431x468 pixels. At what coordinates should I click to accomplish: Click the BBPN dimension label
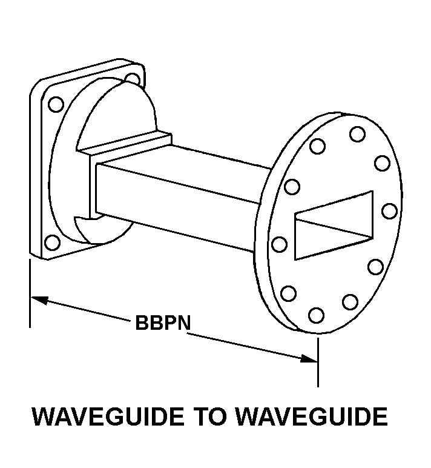[163, 323]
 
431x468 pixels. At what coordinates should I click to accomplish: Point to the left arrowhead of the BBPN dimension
[39, 299]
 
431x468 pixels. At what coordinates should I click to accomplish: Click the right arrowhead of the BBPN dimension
[309, 358]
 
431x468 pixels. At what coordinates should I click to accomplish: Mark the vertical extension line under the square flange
[30, 293]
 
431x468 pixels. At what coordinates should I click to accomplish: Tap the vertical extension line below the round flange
[318, 362]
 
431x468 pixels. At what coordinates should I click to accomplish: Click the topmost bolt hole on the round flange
[357, 134]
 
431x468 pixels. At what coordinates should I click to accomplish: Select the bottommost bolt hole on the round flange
[316, 315]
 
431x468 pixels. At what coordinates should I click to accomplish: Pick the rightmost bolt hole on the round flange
[390, 211]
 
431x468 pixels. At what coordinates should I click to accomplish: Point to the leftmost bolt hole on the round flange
[279, 244]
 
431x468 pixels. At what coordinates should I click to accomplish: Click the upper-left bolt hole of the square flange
[56, 104]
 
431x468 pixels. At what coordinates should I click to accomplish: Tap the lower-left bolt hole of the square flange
[52, 242]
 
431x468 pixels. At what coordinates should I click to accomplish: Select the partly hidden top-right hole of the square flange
[133, 78]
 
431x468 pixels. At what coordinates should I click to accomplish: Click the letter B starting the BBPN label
[142, 323]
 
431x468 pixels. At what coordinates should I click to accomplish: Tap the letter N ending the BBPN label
[183, 323]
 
